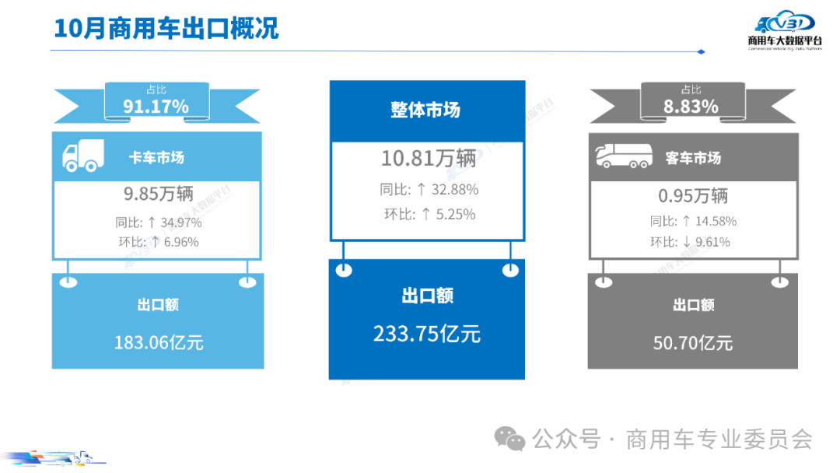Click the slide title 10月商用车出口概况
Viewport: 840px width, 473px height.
click(x=166, y=28)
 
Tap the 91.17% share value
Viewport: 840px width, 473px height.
click(x=156, y=107)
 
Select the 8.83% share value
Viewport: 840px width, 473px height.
click(x=691, y=107)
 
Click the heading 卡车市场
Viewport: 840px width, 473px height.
click(x=156, y=158)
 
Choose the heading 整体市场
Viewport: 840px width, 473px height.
click(x=425, y=110)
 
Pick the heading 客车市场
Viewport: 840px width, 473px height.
click(x=693, y=158)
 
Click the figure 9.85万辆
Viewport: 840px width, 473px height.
click(x=158, y=192)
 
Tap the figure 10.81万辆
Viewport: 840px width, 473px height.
click(x=428, y=159)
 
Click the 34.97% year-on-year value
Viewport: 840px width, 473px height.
click(x=182, y=222)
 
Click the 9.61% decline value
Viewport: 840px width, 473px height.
click(x=712, y=242)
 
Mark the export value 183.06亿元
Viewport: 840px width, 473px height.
click(x=159, y=342)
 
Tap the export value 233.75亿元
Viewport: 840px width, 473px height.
click(x=427, y=335)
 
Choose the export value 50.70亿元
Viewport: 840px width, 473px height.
click(x=692, y=342)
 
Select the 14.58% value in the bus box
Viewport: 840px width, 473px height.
click(x=716, y=221)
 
